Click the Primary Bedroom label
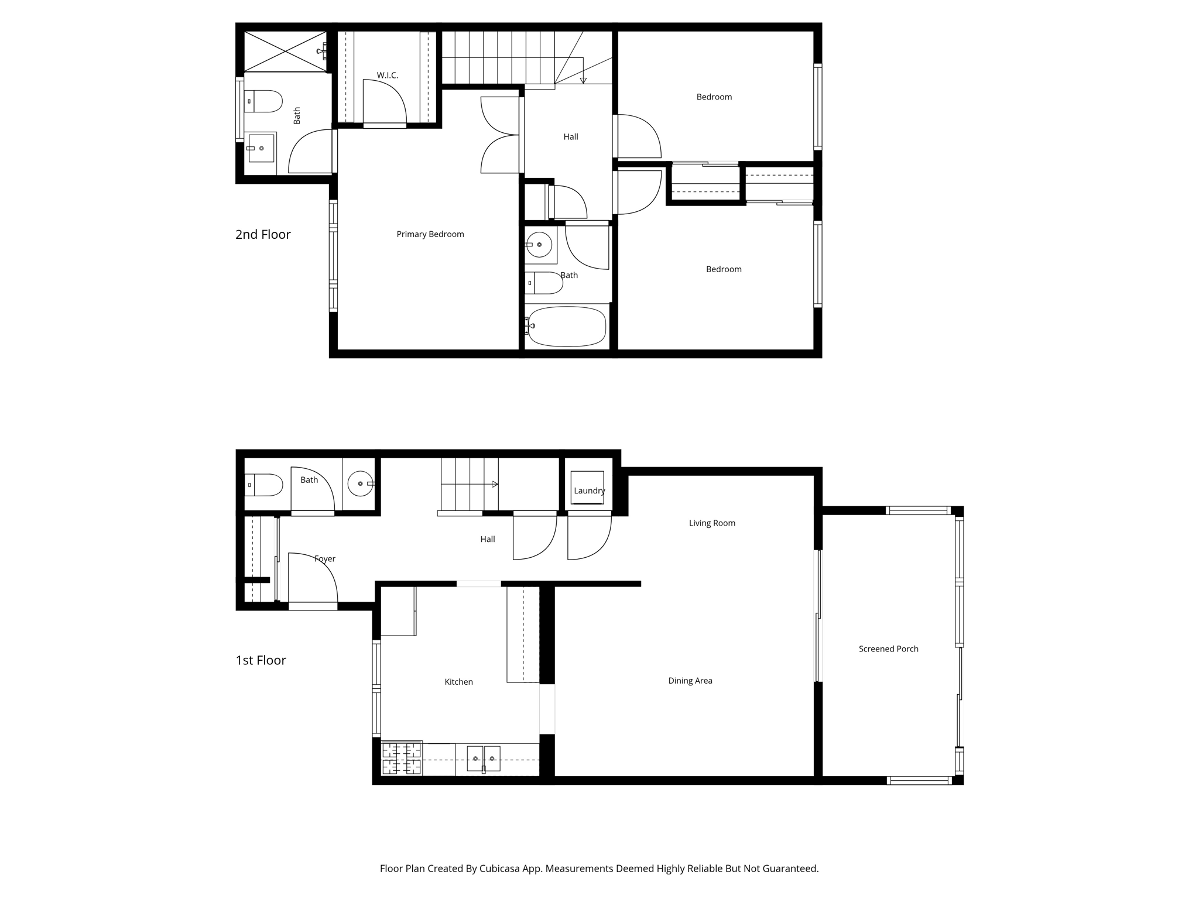click(x=430, y=234)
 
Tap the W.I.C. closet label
click(x=388, y=76)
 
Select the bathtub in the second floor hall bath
click(x=567, y=326)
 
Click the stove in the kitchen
click(x=402, y=759)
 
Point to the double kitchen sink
click(x=484, y=759)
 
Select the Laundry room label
click(x=590, y=490)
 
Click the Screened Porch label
click(x=889, y=648)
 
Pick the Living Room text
click(x=712, y=523)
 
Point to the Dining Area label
click(x=690, y=681)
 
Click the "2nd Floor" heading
click(x=263, y=235)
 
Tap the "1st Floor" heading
click(x=261, y=660)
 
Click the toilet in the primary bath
click(x=263, y=101)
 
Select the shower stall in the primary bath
click(x=285, y=52)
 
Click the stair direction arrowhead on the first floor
click(x=495, y=485)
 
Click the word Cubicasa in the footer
click(x=502, y=869)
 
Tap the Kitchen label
click(x=458, y=682)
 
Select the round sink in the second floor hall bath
click(x=539, y=245)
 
